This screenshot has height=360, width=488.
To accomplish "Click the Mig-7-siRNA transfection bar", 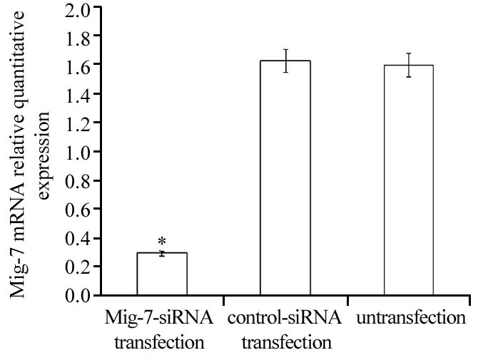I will point(161,273).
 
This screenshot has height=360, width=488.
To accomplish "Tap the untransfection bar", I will point(409,179).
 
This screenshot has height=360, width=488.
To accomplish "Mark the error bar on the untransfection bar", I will point(409,65).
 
